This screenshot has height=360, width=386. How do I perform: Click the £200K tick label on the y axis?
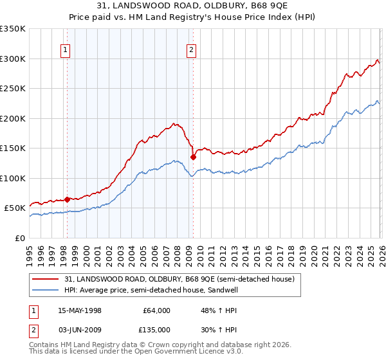pos(12,118)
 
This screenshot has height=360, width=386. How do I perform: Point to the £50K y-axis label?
pos(14,208)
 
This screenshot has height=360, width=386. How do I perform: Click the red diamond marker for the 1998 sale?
pos(67,199)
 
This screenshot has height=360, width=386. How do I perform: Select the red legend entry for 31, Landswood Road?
pos(179,279)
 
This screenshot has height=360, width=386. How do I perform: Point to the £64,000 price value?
pos(157,310)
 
